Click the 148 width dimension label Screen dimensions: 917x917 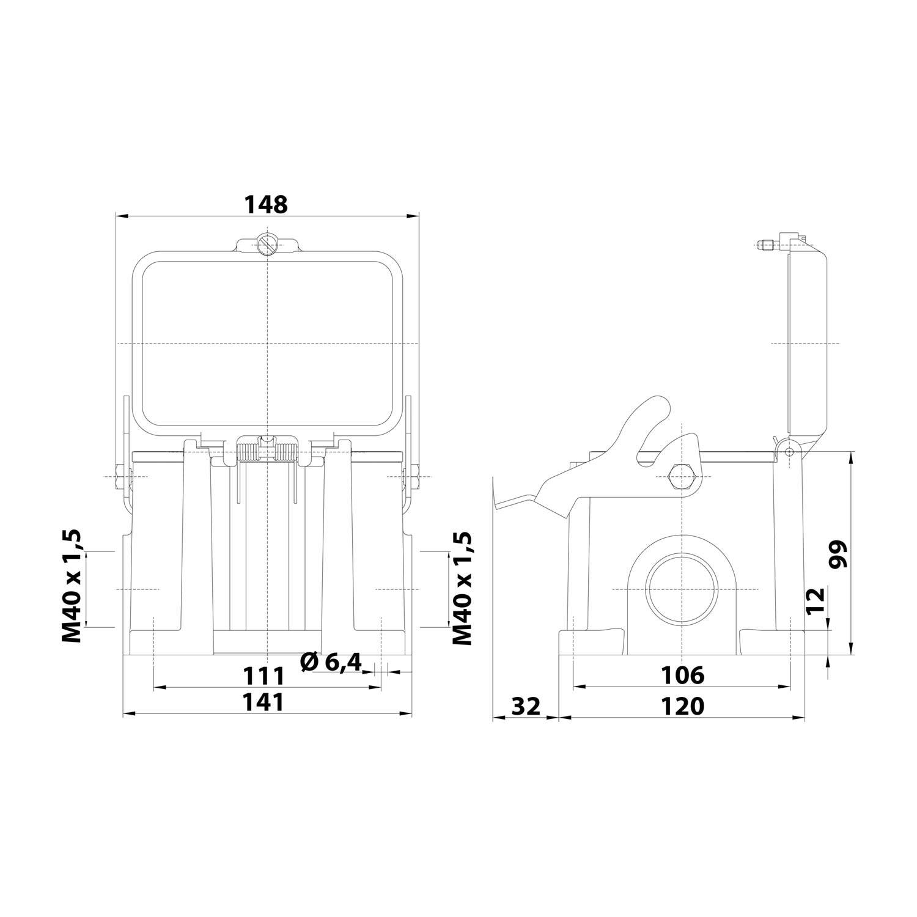tap(266, 205)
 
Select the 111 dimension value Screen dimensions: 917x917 tap(264, 677)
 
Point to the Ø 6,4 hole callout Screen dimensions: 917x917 tap(332, 662)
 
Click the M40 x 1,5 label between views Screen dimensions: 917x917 tap(463, 588)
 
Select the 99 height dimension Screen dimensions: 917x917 tap(838, 554)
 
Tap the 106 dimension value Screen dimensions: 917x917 tap(682, 676)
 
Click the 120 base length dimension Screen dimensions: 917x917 tap(682, 706)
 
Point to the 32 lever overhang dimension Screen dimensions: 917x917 tap(525, 706)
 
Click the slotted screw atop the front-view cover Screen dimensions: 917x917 tap(267, 245)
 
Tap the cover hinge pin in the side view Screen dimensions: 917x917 tap(789, 451)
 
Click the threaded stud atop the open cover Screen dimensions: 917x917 tap(765, 246)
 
